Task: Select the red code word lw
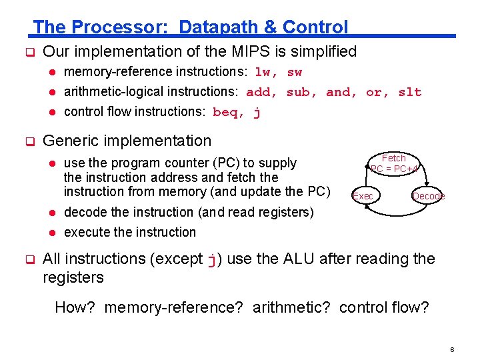[x=264, y=72]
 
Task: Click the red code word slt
[x=409, y=92]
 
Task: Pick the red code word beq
[x=225, y=112]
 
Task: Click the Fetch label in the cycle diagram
[x=393, y=158]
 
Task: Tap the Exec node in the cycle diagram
[x=363, y=196]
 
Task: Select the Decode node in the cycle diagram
[x=428, y=196]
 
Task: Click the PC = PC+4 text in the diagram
[x=394, y=169]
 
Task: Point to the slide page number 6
[x=451, y=349]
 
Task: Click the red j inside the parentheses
[x=212, y=260]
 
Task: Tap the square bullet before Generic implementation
[x=29, y=141]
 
